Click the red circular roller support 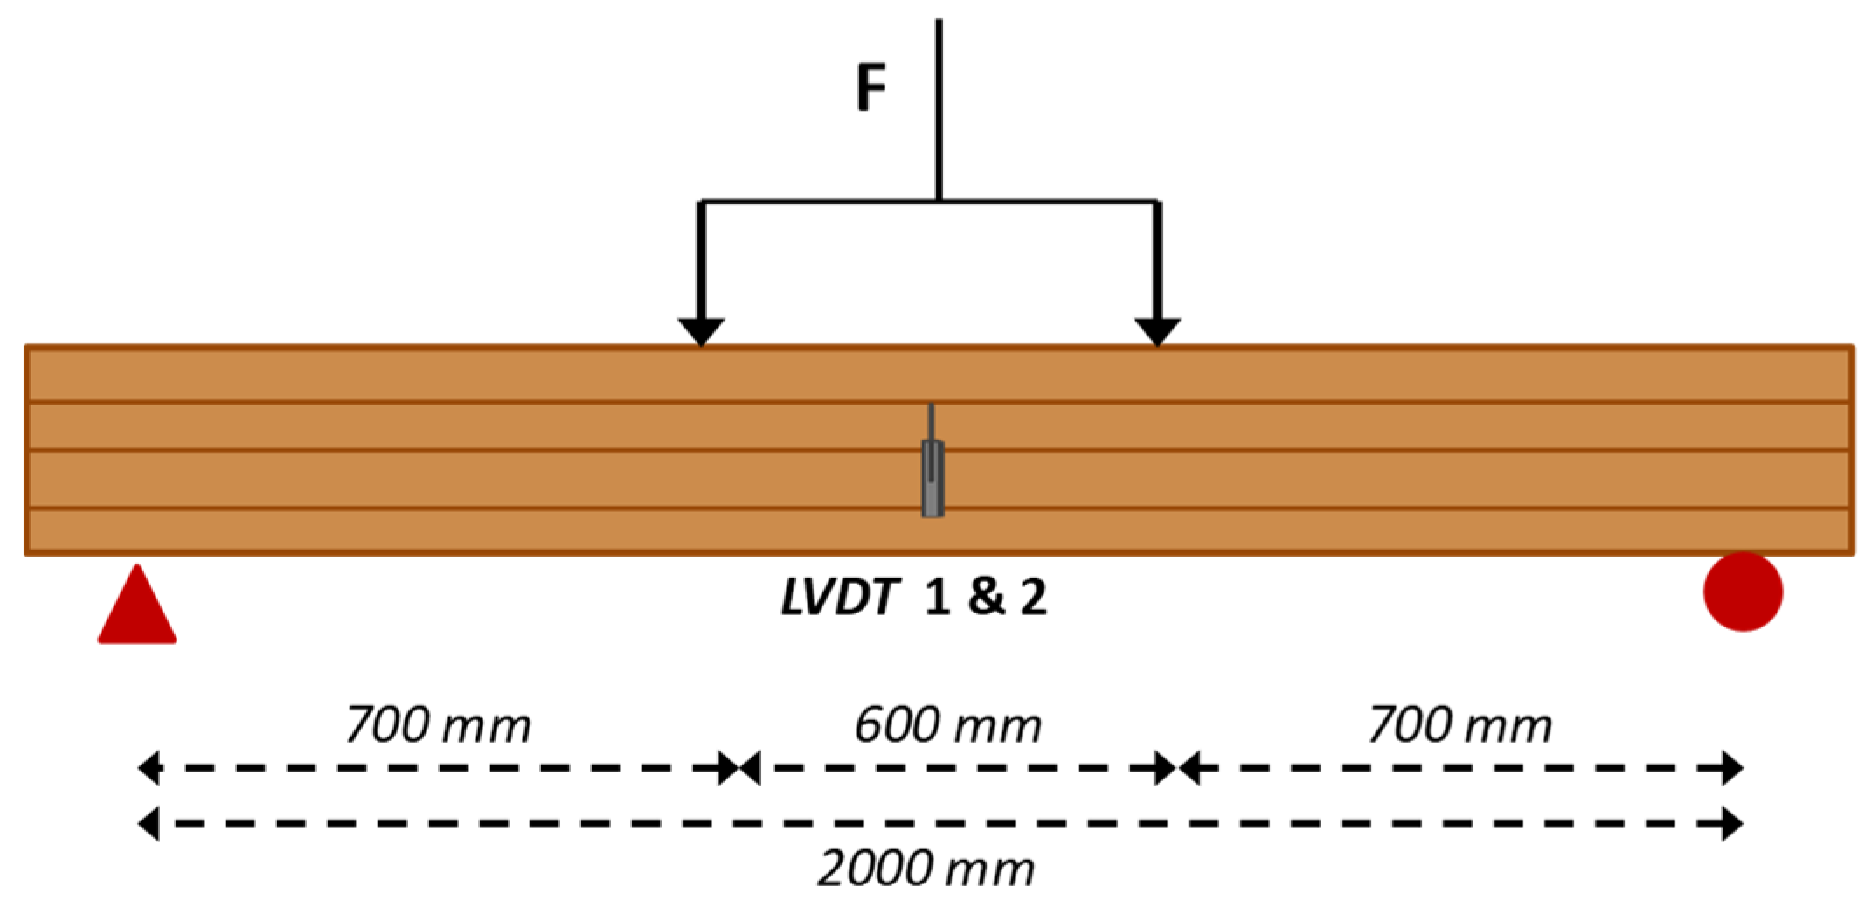point(1743,592)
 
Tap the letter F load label point(870,87)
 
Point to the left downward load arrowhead point(701,331)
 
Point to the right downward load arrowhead point(1157,331)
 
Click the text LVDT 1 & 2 point(913,598)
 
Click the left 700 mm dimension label point(438,725)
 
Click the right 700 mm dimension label point(1459,725)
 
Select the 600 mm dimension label point(947,725)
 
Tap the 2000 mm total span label point(926,869)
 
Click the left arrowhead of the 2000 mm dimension point(149,824)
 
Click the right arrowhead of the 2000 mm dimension point(1731,824)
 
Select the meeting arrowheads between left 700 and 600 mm point(739,768)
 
